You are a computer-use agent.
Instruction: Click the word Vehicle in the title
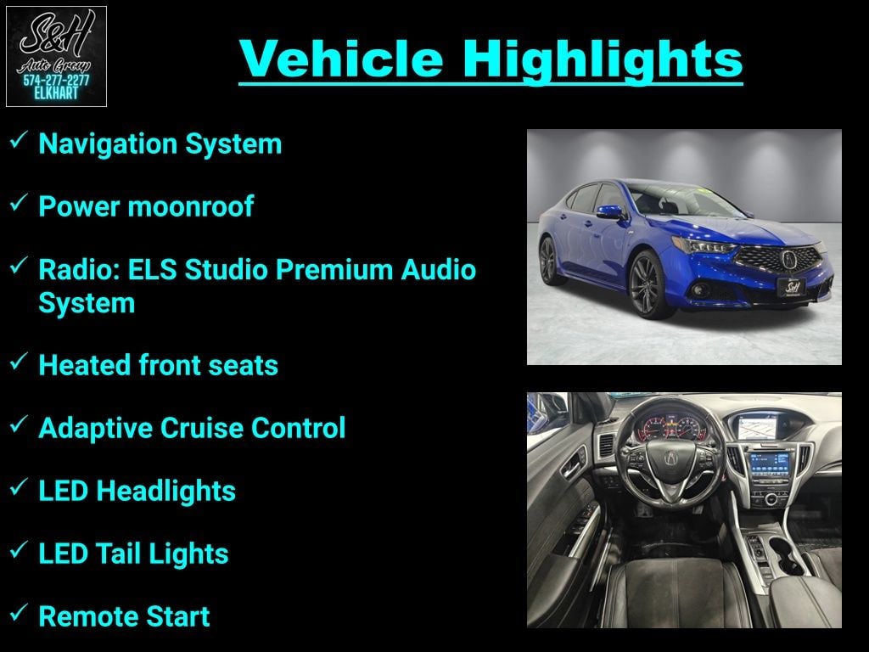click(341, 59)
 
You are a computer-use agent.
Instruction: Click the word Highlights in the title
click(603, 60)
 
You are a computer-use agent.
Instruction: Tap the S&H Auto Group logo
click(56, 56)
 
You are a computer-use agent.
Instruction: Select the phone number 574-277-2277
click(56, 81)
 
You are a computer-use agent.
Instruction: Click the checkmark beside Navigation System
click(19, 140)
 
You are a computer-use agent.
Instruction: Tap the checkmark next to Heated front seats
click(19, 362)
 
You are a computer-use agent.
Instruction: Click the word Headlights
click(165, 492)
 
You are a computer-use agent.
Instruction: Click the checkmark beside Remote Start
click(19, 613)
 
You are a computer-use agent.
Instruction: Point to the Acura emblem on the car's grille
click(788, 259)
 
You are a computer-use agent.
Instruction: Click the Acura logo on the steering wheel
click(670, 458)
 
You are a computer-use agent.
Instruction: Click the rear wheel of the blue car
click(548, 260)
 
